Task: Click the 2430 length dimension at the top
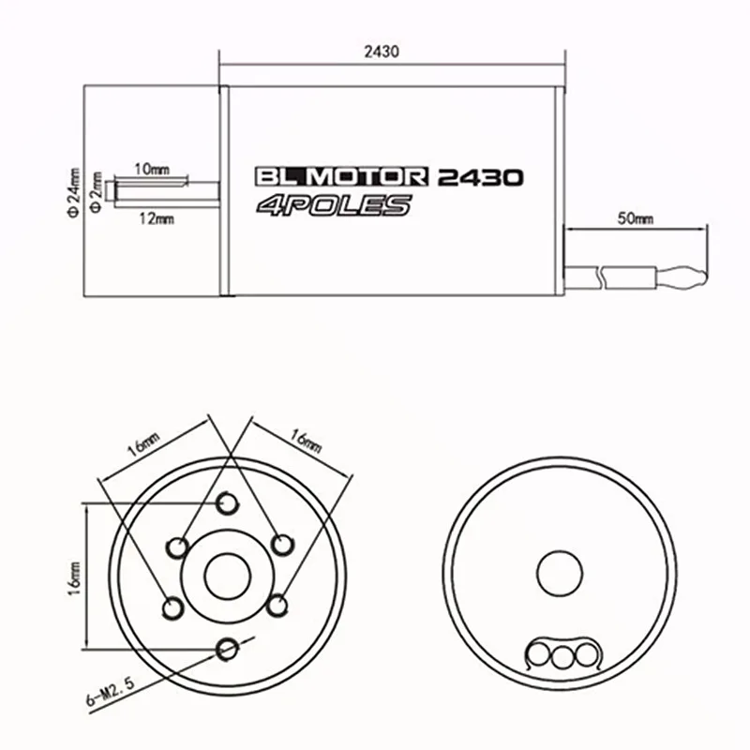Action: point(382,52)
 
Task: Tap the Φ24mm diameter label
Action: point(74,192)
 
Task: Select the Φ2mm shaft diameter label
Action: point(97,192)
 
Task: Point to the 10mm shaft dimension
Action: point(152,169)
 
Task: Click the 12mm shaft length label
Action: point(157,219)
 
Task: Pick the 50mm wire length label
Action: point(636,218)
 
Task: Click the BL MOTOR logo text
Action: point(341,176)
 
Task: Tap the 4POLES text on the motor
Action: point(334,205)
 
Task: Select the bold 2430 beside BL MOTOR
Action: point(480,177)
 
